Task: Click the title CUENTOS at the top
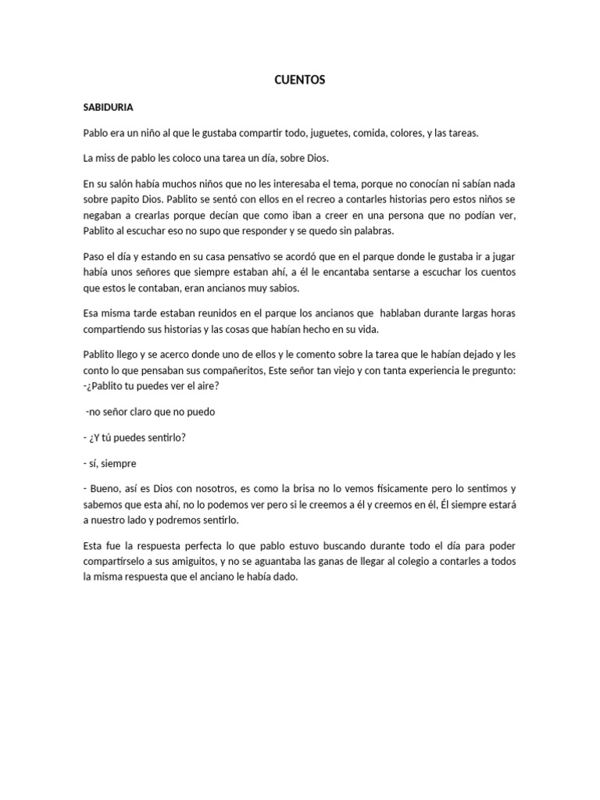point(300,80)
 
